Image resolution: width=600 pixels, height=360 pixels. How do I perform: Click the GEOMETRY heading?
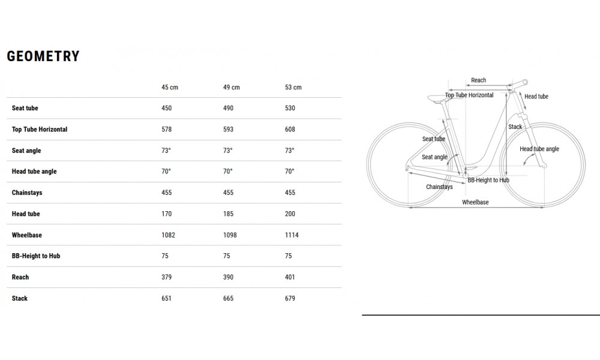click(43, 56)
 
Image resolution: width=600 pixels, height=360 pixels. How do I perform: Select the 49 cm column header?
click(232, 87)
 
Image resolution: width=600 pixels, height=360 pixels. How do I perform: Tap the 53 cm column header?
click(293, 87)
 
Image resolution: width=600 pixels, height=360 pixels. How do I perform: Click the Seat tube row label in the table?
click(25, 108)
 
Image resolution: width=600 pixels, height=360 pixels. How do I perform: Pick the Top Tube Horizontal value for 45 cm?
click(166, 130)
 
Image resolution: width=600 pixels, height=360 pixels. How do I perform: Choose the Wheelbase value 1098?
click(230, 235)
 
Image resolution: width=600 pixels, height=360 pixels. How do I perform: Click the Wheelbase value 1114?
click(292, 235)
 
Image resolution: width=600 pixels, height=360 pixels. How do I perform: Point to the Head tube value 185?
click(228, 214)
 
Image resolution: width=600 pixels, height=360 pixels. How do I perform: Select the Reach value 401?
click(290, 277)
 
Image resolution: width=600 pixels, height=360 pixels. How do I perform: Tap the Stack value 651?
click(166, 298)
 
